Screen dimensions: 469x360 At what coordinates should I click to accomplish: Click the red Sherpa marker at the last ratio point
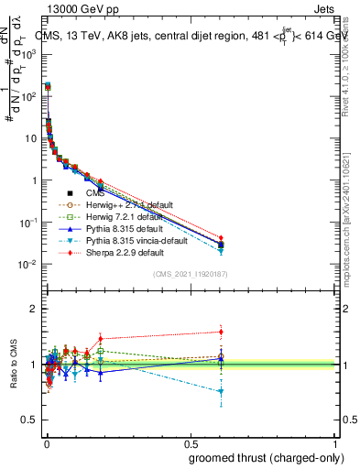coord(221,332)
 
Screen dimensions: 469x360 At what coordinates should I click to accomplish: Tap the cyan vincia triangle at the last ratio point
coord(221,392)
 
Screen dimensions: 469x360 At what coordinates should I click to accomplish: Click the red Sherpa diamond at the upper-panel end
coord(221,238)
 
